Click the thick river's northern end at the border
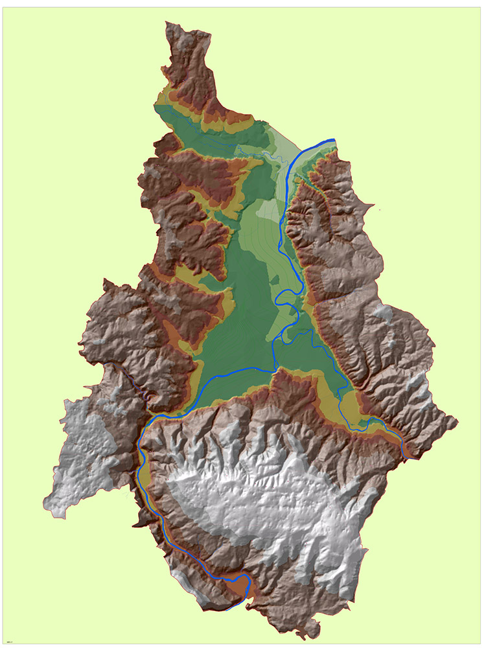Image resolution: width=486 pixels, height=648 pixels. point(334,139)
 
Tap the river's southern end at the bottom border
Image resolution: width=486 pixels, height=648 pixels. point(228,609)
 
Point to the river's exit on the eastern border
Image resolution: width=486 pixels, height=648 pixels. point(406,457)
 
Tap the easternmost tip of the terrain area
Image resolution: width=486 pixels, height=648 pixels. point(458,421)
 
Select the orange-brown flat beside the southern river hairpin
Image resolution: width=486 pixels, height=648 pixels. point(241,586)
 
